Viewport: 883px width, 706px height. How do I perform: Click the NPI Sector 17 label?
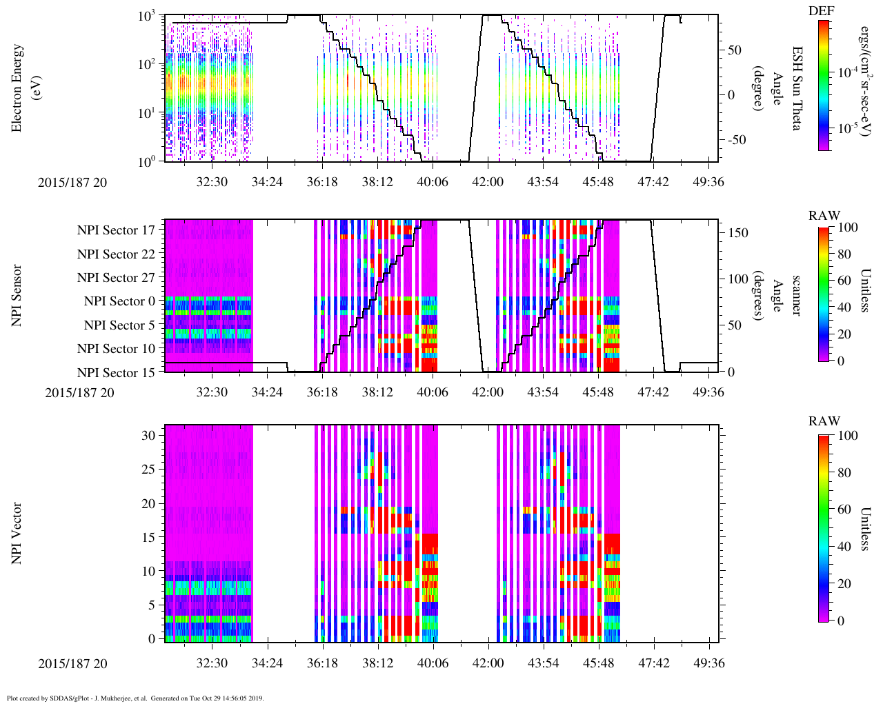[116, 230]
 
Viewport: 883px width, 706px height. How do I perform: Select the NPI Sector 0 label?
[119, 301]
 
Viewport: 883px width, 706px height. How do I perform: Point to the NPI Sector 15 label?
[116, 373]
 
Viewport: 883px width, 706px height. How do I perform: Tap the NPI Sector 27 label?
[116, 278]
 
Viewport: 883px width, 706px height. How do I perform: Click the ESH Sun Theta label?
[797, 88]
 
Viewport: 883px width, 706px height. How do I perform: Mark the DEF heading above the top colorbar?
[820, 11]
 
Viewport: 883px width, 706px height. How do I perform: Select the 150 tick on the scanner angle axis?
[738, 233]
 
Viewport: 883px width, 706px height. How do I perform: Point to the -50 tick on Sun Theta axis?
[735, 140]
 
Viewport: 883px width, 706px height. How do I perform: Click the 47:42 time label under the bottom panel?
[653, 663]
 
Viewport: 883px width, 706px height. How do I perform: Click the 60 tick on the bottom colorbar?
[843, 510]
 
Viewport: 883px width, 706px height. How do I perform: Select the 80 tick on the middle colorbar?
[843, 254]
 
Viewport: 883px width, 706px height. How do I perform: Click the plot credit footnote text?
[135, 698]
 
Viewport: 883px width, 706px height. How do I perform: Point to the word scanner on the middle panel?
[797, 295]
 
